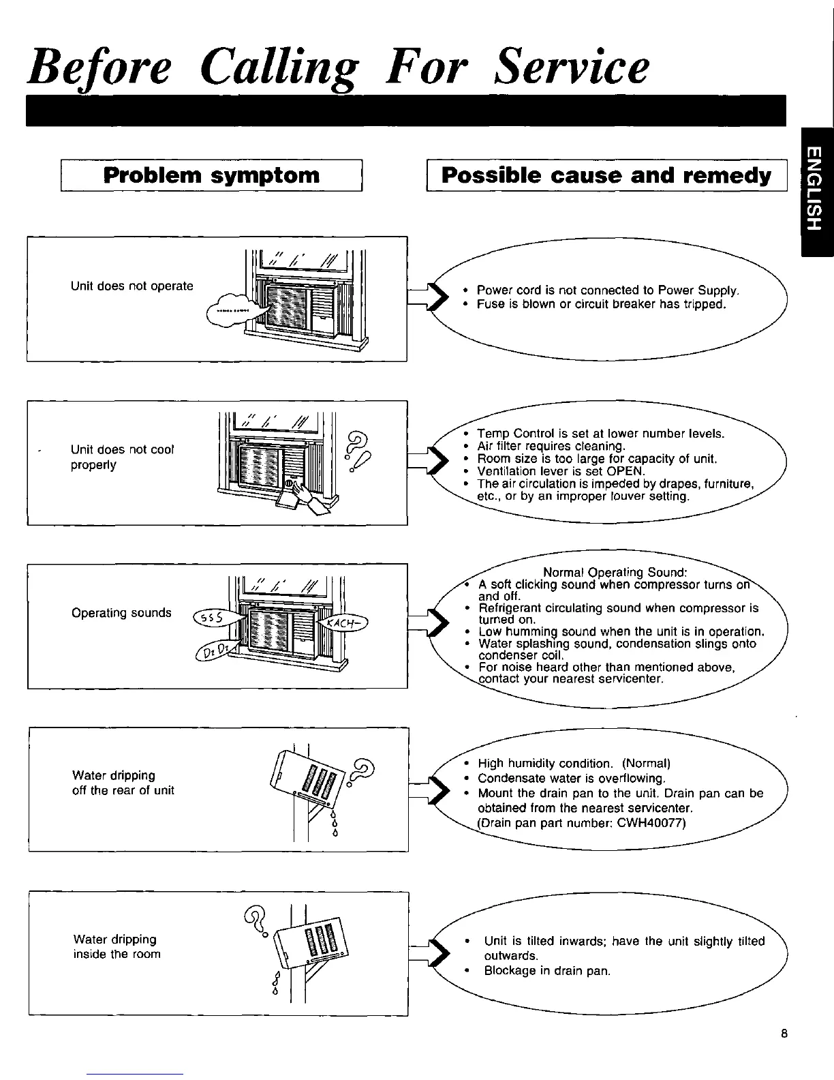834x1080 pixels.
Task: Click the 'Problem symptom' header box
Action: [211, 175]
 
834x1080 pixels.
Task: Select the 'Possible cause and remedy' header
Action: [606, 175]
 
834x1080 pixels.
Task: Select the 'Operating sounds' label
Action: [121, 612]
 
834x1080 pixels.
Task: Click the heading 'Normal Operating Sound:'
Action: [615, 571]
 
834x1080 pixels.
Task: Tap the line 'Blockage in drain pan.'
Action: [547, 970]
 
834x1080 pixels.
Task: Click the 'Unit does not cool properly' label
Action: [123, 457]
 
